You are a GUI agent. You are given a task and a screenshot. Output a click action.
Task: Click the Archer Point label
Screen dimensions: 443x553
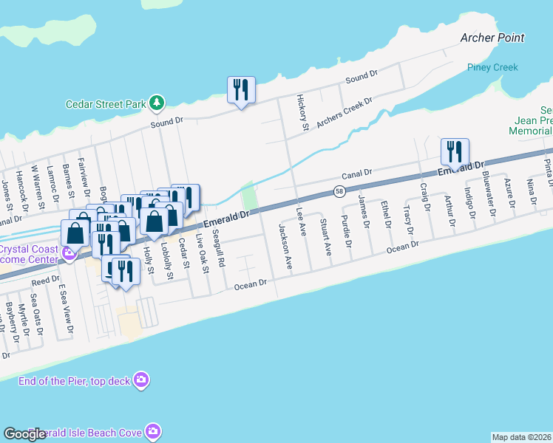pyautogui.click(x=492, y=38)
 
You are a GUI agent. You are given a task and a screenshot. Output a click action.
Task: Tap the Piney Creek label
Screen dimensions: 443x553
pyautogui.click(x=492, y=67)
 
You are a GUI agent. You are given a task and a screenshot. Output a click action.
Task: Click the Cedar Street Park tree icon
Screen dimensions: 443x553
pyautogui.click(x=157, y=103)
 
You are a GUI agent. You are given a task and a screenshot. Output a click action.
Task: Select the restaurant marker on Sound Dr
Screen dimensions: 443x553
pyautogui.click(x=241, y=90)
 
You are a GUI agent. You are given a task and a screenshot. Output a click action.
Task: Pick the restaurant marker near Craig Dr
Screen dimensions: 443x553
pyautogui.click(x=454, y=152)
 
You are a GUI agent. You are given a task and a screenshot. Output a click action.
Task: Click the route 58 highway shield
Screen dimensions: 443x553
pyautogui.click(x=339, y=191)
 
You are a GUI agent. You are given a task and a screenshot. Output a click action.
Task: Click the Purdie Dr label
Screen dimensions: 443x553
pyautogui.click(x=345, y=231)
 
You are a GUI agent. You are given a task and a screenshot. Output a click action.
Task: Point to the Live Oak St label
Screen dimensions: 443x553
pyautogui.click(x=201, y=253)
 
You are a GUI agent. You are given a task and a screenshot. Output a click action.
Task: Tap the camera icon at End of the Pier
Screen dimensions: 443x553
pyautogui.click(x=141, y=380)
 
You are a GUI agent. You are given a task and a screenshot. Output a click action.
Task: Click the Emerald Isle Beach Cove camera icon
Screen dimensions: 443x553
pyautogui.click(x=153, y=430)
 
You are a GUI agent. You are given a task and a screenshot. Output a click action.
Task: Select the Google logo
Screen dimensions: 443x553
pyautogui.click(x=25, y=434)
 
